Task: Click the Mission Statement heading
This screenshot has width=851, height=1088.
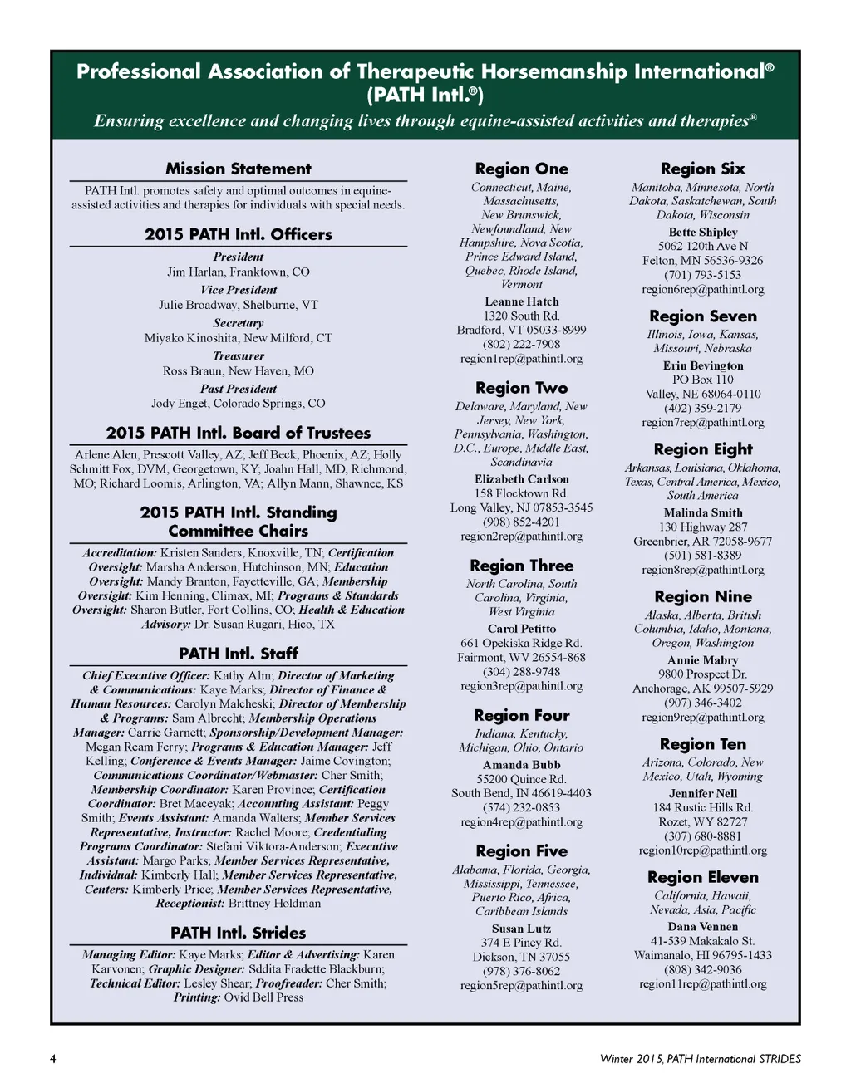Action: (x=238, y=169)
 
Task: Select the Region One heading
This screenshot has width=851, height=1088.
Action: (x=521, y=169)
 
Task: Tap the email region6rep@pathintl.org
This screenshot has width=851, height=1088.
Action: (x=702, y=290)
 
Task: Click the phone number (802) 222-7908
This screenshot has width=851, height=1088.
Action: (x=521, y=345)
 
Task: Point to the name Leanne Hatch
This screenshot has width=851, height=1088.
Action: (x=521, y=301)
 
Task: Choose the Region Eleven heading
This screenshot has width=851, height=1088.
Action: (x=702, y=877)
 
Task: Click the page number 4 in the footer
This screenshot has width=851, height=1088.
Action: (x=53, y=1059)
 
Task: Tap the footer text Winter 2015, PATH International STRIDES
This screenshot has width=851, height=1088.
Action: (x=700, y=1059)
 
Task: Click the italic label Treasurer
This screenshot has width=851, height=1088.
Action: (x=238, y=355)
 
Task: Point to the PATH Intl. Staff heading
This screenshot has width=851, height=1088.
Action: (x=238, y=654)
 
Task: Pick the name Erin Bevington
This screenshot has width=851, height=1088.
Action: (x=702, y=365)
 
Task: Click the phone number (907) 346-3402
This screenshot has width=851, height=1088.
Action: (x=702, y=703)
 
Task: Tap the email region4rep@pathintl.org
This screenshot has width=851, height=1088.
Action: (x=521, y=822)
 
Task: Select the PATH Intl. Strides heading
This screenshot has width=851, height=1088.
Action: (x=238, y=933)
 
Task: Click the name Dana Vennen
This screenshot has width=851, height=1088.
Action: (x=702, y=927)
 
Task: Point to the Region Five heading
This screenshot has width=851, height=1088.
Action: (x=521, y=851)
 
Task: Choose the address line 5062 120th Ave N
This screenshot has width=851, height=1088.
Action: (x=702, y=247)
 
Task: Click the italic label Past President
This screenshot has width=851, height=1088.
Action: (x=238, y=389)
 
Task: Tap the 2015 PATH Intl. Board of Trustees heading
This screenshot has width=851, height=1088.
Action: (x=238, y=433)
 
